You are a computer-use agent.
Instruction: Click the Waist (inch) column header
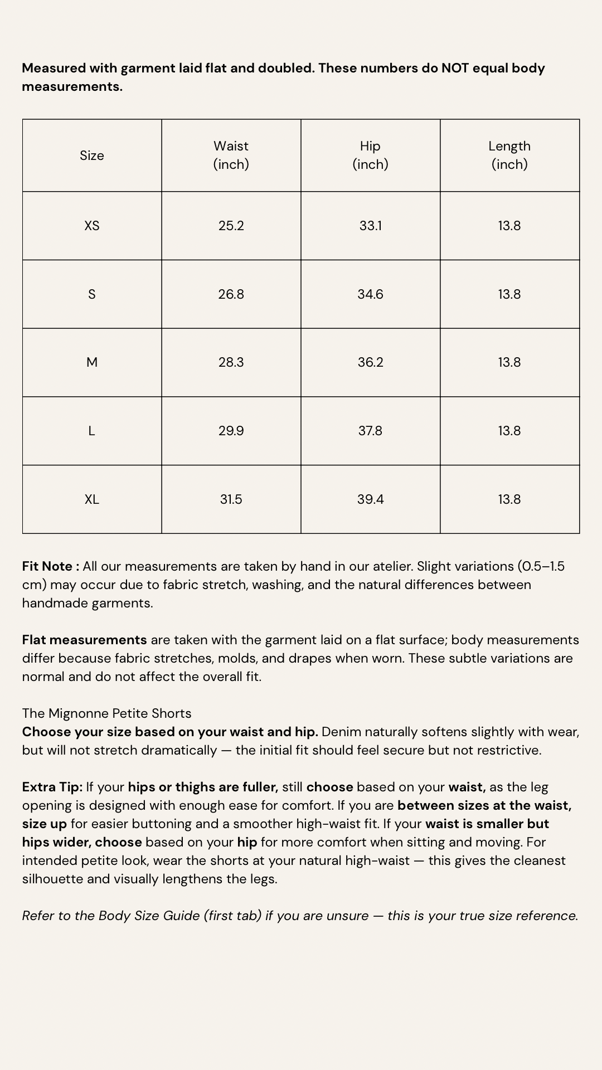(x=231, y=155)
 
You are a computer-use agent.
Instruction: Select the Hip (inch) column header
(x=370, y=155)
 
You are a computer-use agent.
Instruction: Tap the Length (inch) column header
(x=509, y=155)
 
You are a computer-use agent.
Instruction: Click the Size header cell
(x=92, y=155)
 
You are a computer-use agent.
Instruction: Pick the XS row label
(x=92, y=226)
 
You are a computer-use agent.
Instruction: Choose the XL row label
(x=92, y=499)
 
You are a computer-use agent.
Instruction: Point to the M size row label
(x=92, y=362)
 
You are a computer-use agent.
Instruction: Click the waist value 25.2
(x=231, y=226)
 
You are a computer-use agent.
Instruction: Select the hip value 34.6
(x=370, y=294)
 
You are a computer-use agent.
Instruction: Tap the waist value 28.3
(x=231, y=362)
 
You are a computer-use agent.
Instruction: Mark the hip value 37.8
(x=370, y=431)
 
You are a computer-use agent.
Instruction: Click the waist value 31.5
(x=231, y=499)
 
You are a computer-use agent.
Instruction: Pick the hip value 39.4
(x=370, y=499)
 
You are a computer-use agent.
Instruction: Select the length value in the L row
(x=509, y=431)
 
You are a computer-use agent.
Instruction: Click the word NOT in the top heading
(x=455, y=68)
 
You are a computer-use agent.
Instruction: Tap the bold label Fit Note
(x=48, y=566)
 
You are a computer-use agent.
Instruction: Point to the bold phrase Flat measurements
(x=85, y=640)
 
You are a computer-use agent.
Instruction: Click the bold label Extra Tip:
(x=52, y=787)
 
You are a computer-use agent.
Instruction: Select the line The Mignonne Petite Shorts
(x=107, y=713)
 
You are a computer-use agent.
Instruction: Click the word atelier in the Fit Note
(x=392, y=566)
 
